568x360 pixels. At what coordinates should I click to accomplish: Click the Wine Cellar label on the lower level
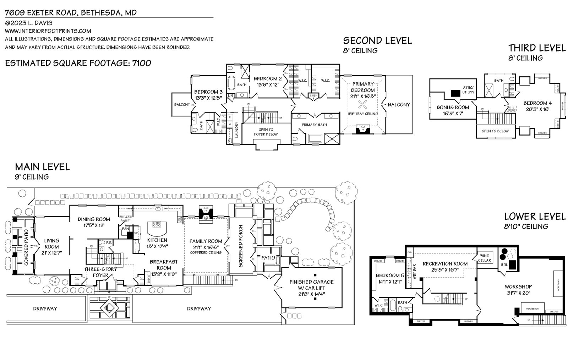[x=484, y=258]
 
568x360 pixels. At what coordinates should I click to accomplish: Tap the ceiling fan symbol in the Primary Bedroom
[x=363, y=104]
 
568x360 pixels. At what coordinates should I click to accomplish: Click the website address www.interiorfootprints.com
[x=48, y=31]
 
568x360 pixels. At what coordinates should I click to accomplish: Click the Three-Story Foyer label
[x=100, y=272]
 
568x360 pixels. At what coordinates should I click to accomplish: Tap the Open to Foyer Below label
[x=266, y=132]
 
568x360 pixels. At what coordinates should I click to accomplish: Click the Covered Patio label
[x=27, y=249]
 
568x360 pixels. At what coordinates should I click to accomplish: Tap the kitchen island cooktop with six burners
[x=157, y=224]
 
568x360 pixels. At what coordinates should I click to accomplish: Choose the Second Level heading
[x=377, y=40]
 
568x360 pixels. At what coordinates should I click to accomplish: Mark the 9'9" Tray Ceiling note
[x=363, y=114]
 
